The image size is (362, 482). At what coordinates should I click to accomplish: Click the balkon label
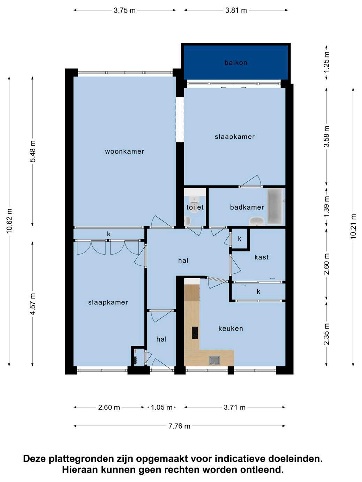(x=236, y=63)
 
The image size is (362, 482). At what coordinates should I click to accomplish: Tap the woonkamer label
(x=125, y=151)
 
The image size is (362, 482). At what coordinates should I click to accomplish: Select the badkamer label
(x=247, y=207)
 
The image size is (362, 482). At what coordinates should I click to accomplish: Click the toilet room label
(x=195, y=207)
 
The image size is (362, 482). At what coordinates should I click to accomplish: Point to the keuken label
(x=231, y=328)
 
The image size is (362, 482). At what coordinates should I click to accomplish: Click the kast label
(x=261, y=257)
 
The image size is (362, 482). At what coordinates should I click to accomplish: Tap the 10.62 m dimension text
(x=10, y=221)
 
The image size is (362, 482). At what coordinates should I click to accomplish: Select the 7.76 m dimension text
(x=179, y=426)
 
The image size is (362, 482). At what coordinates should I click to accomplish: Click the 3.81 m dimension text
(x=236, y=10)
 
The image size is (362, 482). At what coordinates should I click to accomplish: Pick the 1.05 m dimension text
(x=161, y=407)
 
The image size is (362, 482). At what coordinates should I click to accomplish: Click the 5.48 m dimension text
(x=33, y=151)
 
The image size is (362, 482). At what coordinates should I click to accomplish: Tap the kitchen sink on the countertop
(x=214, y=360)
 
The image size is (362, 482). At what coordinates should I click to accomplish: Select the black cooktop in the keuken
(x=195, y=333)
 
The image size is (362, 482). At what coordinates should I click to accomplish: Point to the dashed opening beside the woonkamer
(x=180, y=120)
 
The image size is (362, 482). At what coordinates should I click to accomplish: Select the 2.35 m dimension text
(x=327, y=334)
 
